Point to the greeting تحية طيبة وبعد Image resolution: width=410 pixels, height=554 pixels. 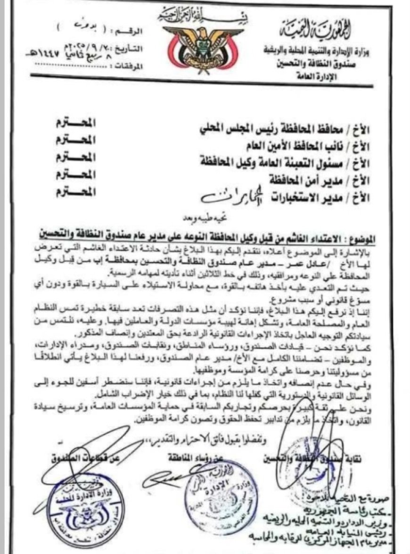pyautogui.click(x=205, y=217)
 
